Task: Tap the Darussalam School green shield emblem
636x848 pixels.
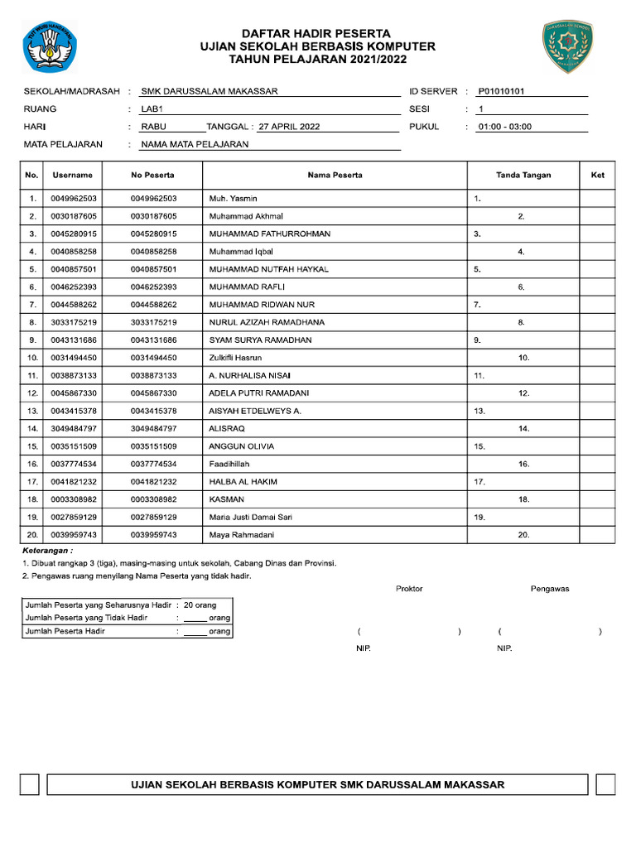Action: pyautogui.click(x=566, y=46)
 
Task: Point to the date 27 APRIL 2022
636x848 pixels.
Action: pyautogui.click(x=289, y=128)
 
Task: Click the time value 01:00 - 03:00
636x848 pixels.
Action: pyautogui.click(x=505, y=128)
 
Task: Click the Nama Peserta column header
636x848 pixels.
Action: pyautogui.click(x=335, y=176)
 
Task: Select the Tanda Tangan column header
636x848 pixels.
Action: pyautogui.click(x=523, y=176)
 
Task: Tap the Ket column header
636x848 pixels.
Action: pyautogui.click(x=597, y=176)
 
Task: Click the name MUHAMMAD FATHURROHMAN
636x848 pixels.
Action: pyautogui.click(x=269, y=234)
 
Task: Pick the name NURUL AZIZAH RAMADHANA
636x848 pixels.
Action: pyautogui.click(x=267, y=322)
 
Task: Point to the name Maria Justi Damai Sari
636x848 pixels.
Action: pyautogui.click(x=250, y=518)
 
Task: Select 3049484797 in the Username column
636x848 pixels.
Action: pyautogui.click(x=74, y=429)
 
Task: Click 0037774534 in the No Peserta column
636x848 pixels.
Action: pyautogui.click(x=153, y=465)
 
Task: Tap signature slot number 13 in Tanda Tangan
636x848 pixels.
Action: pyautogui.click(x=479, y=412)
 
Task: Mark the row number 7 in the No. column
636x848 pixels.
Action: pyautogui.click(x=32, y=305)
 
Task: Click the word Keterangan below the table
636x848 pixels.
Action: pyautogui.click(x=47, y=550)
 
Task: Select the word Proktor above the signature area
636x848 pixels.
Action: pyautogui.click(x=409, y=589)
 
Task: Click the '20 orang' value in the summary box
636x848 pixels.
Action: pyautogui.click(x=200, y=605)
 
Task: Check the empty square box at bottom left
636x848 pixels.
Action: pyautogui.click(x=30, y=785)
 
